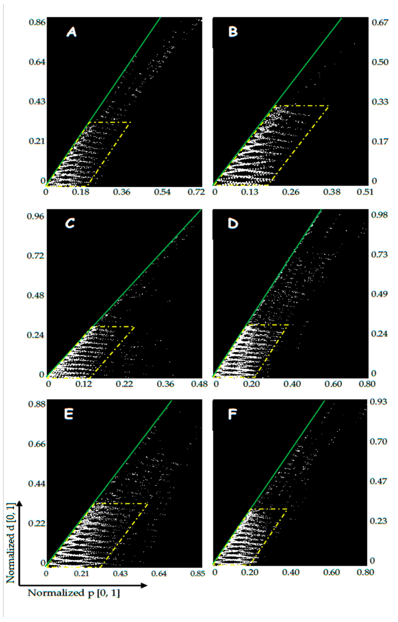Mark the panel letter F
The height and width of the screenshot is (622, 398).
point(233,415)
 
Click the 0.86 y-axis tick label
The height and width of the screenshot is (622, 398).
point(37,22)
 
